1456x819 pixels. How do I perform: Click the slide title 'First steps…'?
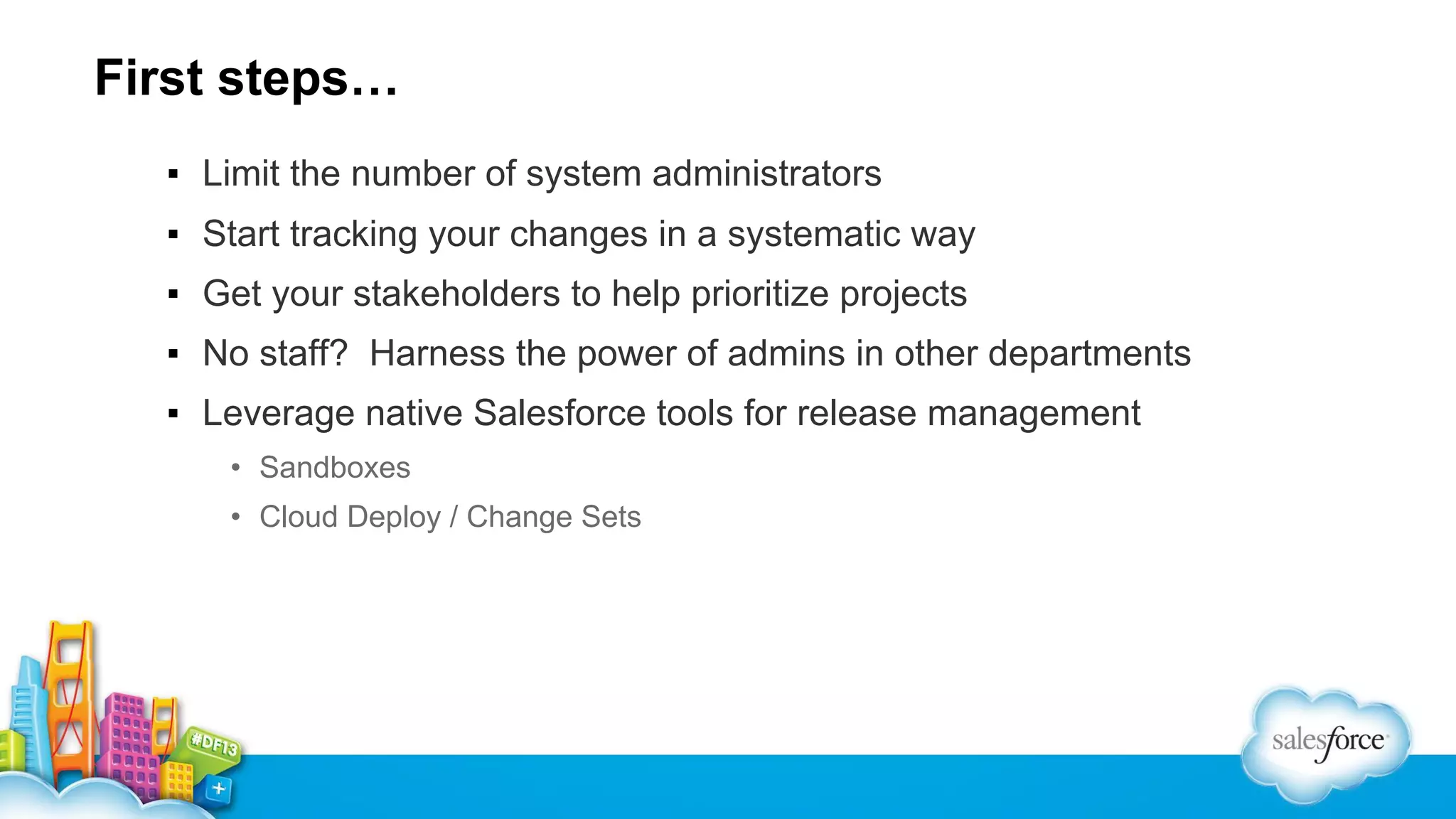click(x=246, y=77)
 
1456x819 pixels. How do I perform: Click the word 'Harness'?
click(x=437, y=353)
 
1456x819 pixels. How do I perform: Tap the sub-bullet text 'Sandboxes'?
click(x=335, y=468)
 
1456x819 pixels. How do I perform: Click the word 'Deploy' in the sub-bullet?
click(x=395, y=517)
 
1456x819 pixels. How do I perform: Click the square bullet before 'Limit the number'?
click(x=173, y=174)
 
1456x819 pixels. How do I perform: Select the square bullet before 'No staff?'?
click(x=173, y=353)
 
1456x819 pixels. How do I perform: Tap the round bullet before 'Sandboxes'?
click(x=236, y=468)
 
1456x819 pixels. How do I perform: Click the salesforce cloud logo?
click(x=1327, y=744)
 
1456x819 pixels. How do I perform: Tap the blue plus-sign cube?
click(x=218, y=788)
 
